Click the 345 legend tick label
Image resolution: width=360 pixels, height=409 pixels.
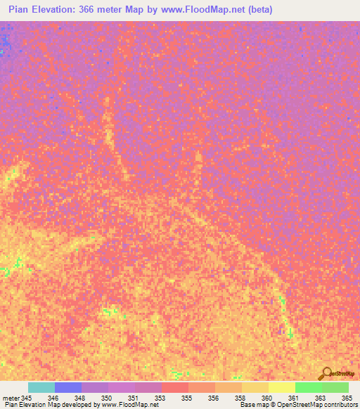(x=27, y=398)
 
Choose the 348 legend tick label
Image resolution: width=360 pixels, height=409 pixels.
(x=79, y=398)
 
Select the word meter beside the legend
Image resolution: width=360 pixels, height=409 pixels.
(x=11, y=398)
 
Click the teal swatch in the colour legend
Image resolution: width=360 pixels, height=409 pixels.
(x=41, y=387)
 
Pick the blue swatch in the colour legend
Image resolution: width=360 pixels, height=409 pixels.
(x=68, y=387)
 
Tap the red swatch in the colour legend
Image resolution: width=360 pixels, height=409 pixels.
(x=175, y=387)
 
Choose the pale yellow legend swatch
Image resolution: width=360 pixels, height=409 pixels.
(x=282, y=387)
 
